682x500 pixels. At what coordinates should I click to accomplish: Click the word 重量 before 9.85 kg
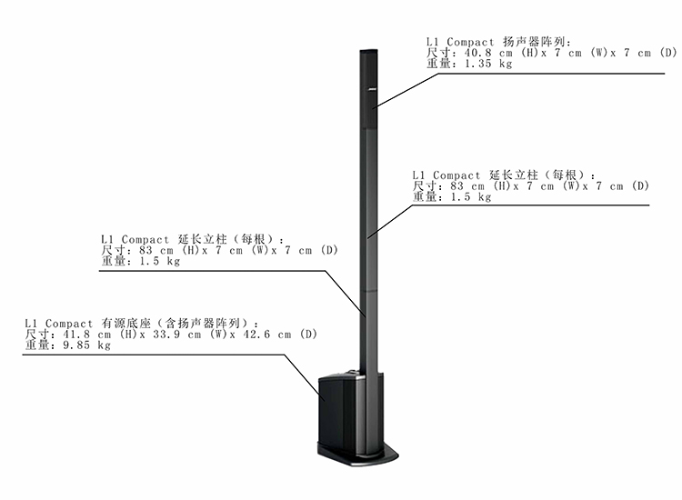(x=36, y=345)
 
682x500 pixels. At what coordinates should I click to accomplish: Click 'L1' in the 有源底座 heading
(x=31, y=323)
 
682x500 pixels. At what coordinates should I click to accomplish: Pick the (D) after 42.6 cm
(x=308, y=335)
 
